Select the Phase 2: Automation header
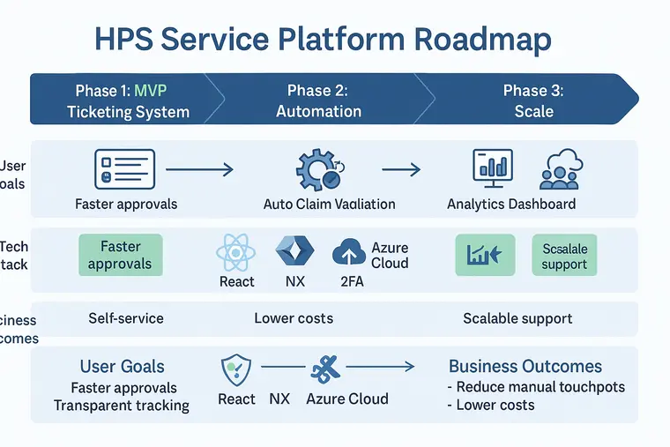(x=318, y=101)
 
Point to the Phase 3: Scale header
(x=533, y=101)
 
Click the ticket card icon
(x=124, y=168)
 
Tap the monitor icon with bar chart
(x=493, y=168)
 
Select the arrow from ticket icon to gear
(x=199, y=168)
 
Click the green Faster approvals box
(x=121, y=256)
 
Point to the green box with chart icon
(x=484, y=255)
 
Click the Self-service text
(x=126, y=318)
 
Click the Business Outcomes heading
(x=525, y=367)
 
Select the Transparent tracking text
(x=122, y=406)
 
